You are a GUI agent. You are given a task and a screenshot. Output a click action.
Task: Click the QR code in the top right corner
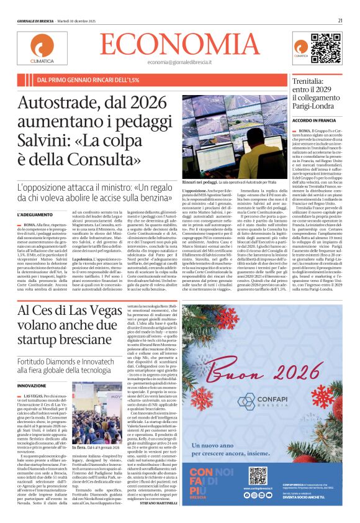click(325, 48)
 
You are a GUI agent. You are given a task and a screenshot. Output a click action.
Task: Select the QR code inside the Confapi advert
click(257, 476)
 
